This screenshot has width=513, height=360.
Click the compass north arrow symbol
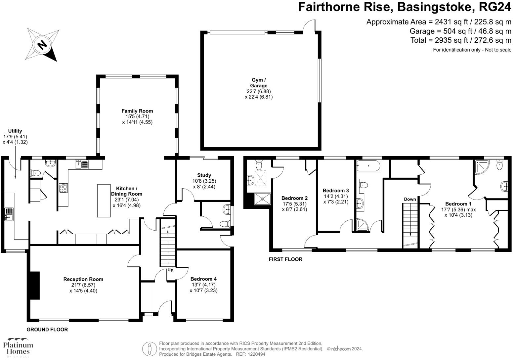(42, 44)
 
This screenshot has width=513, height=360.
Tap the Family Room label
(137, 111)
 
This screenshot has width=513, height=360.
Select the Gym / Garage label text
(259, 83)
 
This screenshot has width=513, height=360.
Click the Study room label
(204, 175)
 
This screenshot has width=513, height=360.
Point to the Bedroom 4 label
(203, 279)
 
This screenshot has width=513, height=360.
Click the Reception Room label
(83, 279)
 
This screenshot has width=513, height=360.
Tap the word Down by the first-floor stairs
(410, 199)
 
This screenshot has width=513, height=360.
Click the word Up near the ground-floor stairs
(170, 270)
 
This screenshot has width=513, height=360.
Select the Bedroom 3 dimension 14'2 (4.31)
(336, 196)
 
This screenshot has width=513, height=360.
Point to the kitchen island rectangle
(104, 201)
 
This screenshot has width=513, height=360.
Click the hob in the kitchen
(63, 188)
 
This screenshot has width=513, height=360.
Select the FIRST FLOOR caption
(285, 259)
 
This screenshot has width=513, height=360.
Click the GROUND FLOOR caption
(47, 330)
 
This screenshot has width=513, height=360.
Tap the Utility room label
(15, 131)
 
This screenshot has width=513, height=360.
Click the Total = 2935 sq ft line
(461, 40)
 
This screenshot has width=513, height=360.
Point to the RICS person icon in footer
(150, 349)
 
